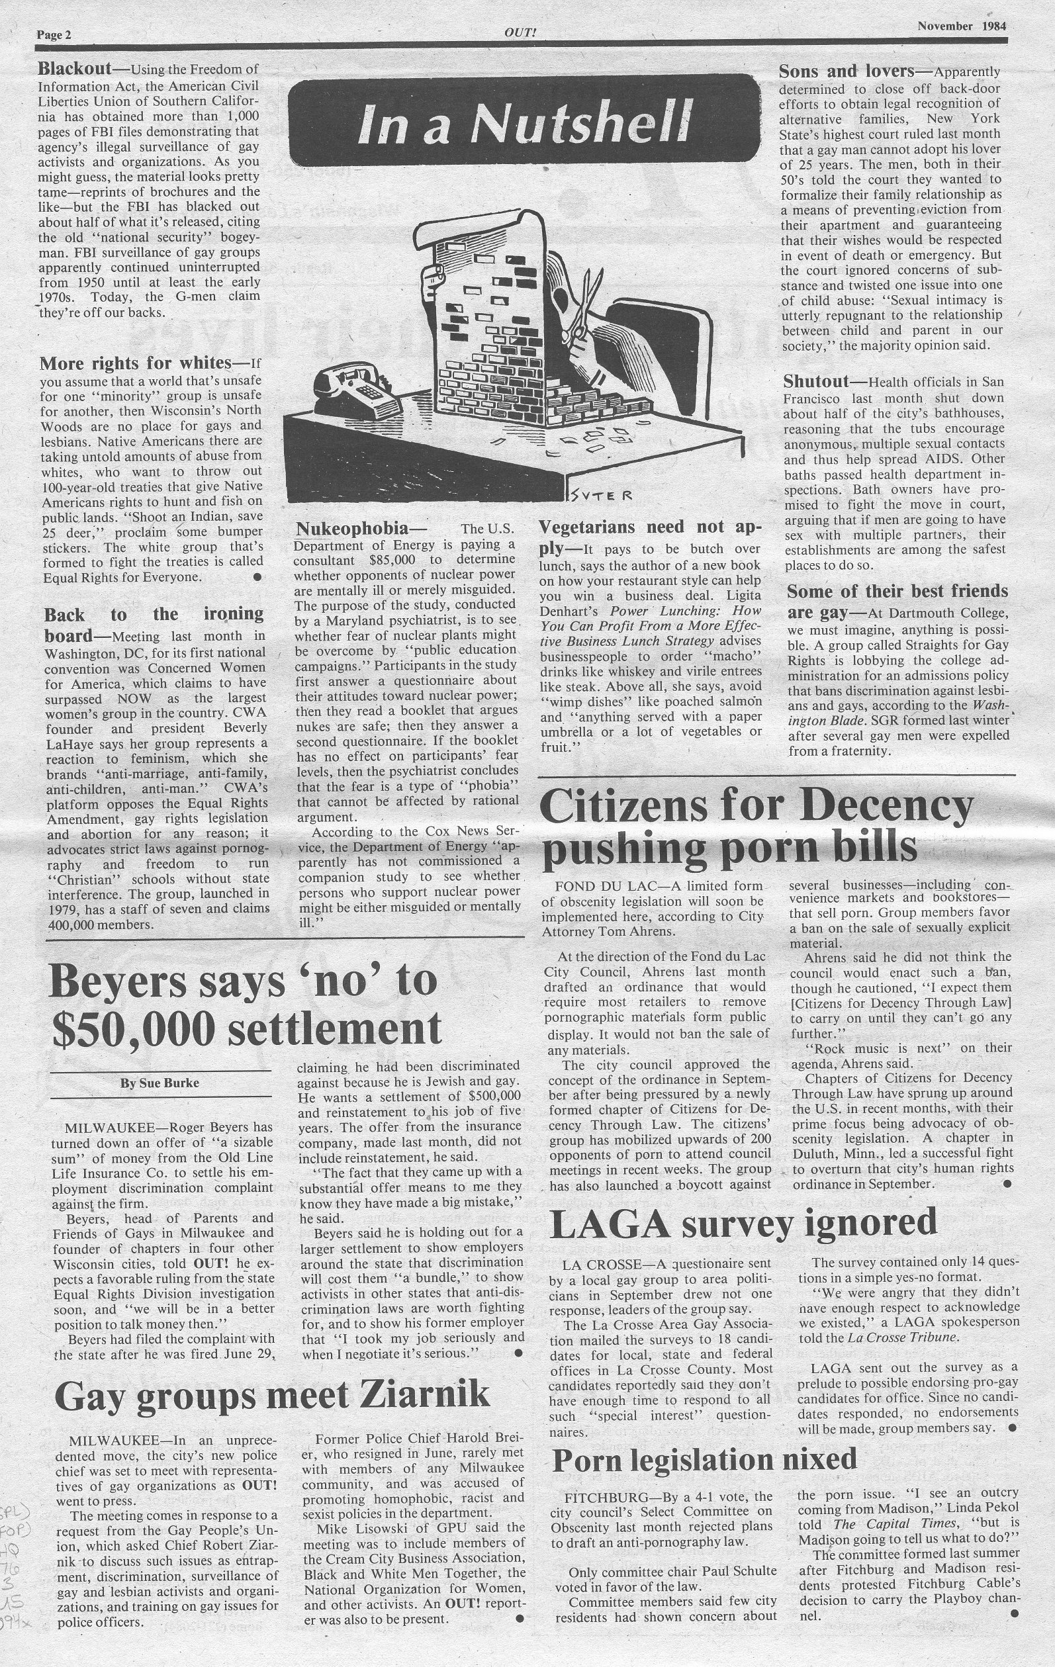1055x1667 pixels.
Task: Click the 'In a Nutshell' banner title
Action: coord(525,122)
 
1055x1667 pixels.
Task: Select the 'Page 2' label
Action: coord(54,34)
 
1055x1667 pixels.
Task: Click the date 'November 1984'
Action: coord(962,26)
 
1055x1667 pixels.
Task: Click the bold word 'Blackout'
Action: coord(74,69)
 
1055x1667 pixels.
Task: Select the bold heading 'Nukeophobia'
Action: coord(352,529)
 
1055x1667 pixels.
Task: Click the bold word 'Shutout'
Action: coord(815,381)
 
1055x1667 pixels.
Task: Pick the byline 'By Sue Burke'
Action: coord(160,1083)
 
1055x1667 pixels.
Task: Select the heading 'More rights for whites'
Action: coord(135,363)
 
